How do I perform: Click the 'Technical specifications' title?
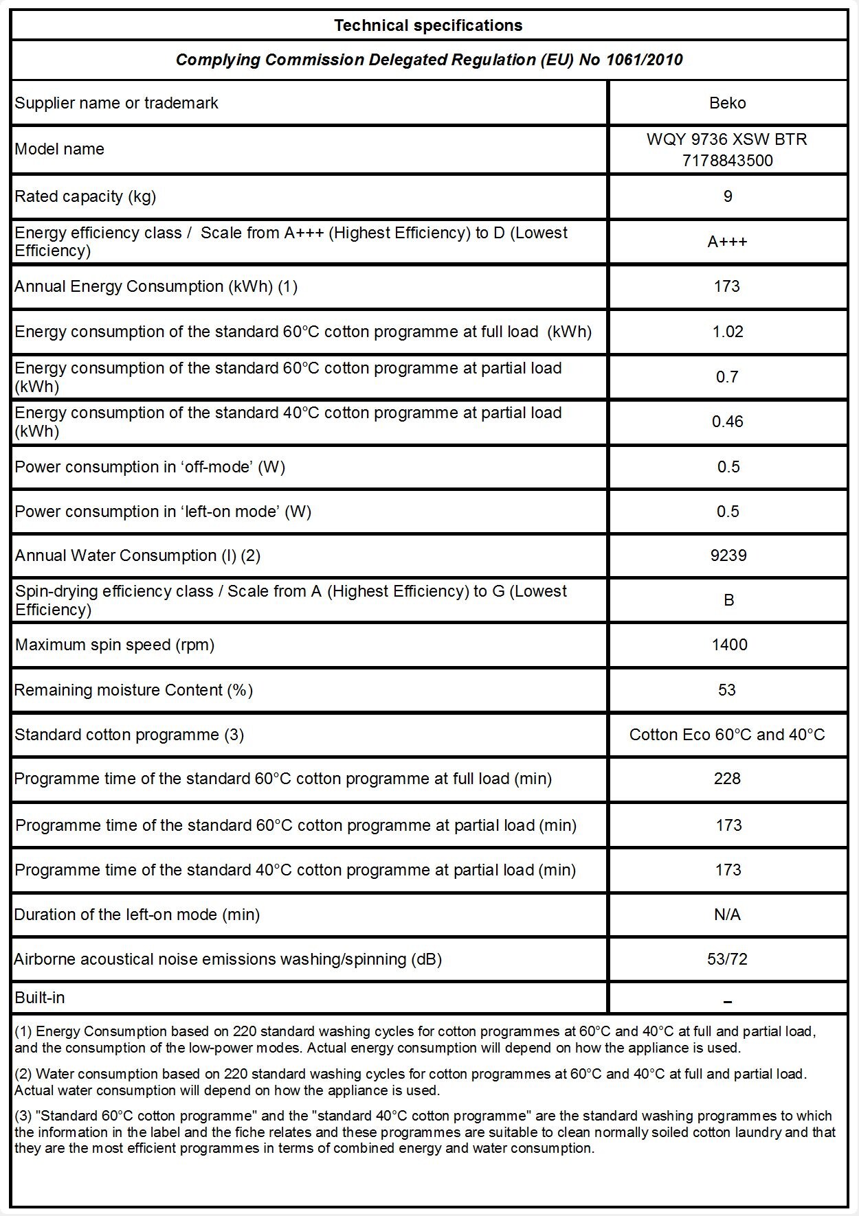428,25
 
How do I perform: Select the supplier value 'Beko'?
727,103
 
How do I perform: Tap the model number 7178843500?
727,161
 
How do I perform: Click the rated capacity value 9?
728,196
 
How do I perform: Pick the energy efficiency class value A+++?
727,242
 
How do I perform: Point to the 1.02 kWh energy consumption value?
727,332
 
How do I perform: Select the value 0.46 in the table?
727,422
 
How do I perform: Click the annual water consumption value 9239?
728,555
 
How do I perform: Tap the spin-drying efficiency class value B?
728,600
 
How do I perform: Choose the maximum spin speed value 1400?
729,645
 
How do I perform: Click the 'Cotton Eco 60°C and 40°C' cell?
727,735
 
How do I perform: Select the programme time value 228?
727,779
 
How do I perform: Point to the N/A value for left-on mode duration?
727,915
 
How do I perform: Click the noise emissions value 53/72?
727,959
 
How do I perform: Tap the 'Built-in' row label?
40,998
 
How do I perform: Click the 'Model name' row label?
60,149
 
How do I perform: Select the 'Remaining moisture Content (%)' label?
133,690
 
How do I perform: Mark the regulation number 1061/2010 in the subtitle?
644,60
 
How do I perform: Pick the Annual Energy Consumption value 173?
727,286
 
